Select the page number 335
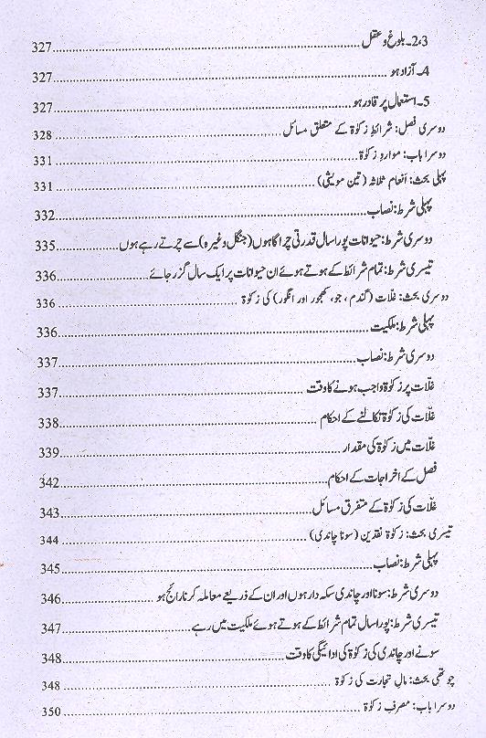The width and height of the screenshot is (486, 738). (x=43, y=248)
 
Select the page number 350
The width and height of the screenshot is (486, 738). (x=43, y=712)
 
